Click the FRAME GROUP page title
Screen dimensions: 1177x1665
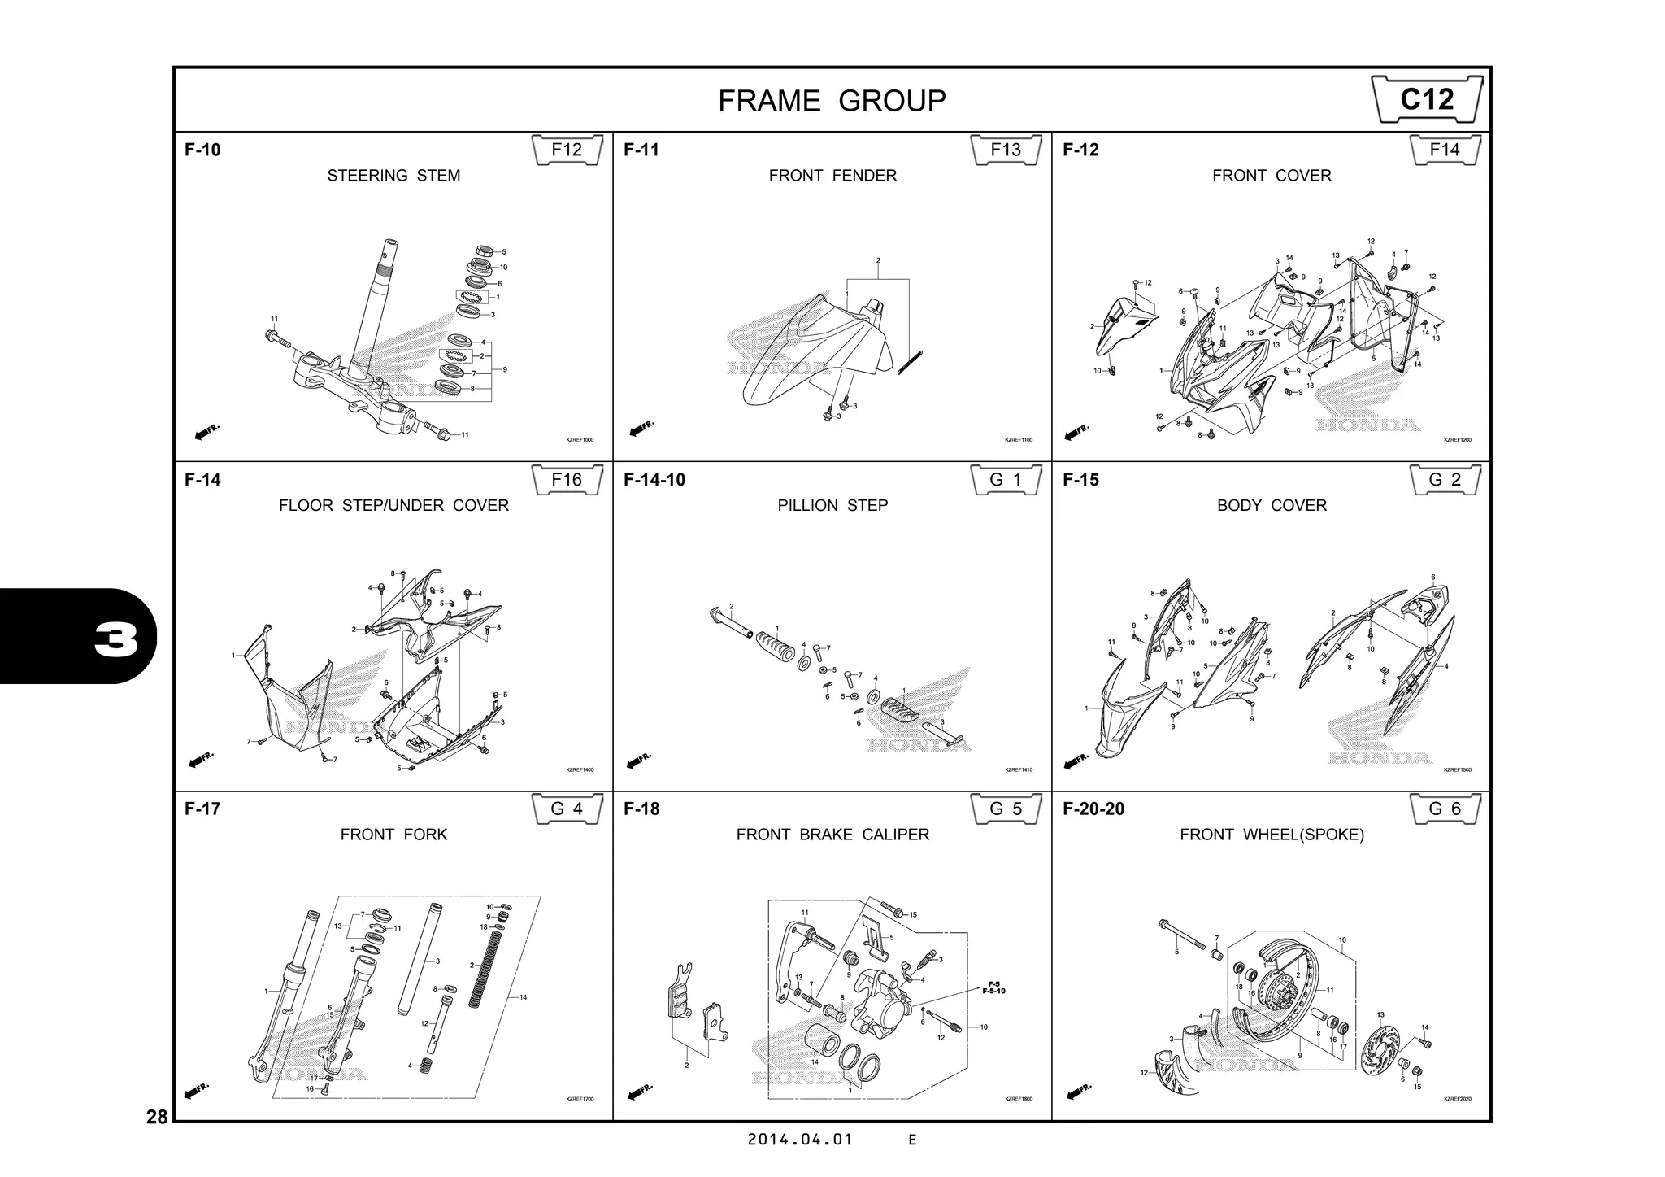click(x=832, y=101)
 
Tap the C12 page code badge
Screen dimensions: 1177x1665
click(x=1427, y=99)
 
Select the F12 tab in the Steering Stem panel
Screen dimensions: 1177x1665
click(x=567, y=150)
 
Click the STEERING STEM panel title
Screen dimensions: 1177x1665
click(x=393, y=176)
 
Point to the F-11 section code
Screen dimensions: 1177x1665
click(x=641, y=150)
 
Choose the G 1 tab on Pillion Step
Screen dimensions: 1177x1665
click(x=1006, y=480)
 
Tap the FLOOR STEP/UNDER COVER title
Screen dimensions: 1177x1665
click(x=393, y=505)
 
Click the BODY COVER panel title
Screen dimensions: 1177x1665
click(x=1272, y=505)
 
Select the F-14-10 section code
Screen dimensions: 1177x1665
click(x=654, y=480)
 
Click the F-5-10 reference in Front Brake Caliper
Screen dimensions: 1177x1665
click(x=993, y=992)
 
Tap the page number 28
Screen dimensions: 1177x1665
click(x=157, y=1117)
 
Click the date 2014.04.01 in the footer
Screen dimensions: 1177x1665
click(x=800, y=1140)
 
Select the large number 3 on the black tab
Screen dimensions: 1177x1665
click(x=116, y=641)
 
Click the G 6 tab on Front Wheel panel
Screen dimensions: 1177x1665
click(x=1445, y=809)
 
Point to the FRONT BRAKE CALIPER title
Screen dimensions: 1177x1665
click(x=832, y=835)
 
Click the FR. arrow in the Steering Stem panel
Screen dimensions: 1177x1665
click(x=206, y=432)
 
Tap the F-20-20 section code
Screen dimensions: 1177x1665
click(x=1093, y=809)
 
